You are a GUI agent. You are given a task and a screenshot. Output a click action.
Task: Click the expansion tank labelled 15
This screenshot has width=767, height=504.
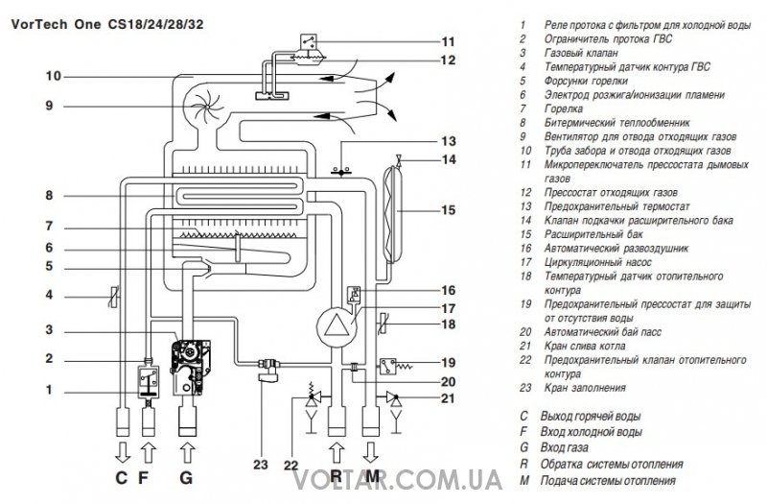tap(393, 213)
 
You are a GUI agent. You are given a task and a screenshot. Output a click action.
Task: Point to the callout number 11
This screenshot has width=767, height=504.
tap(448, 41)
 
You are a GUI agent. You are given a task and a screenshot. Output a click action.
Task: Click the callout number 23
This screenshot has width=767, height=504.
tap(261, 464)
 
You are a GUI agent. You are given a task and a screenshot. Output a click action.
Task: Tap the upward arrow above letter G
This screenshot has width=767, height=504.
tap(187, 453)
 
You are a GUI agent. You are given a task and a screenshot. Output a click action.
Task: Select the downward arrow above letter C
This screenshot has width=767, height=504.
tap(123, 453)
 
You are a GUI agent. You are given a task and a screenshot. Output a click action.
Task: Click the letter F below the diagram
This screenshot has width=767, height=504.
tap(143, 477)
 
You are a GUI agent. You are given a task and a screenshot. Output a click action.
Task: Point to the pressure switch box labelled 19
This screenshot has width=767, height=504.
tap(388, 366)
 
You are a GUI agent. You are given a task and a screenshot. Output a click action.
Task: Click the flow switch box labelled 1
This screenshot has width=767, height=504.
tap(149, 382)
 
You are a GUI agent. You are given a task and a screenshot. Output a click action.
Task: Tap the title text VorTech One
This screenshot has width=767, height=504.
tap(56, 24)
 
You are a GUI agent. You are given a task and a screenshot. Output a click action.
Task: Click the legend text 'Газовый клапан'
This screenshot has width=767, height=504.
tap(581, 53)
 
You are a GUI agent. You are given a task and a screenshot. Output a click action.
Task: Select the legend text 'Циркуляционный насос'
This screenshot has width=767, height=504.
tap(597, 262)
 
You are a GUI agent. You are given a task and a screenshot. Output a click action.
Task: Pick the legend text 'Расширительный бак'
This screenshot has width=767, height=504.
tap(593, 234)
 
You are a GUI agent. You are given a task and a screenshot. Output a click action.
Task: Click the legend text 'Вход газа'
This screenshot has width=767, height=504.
tap(564, 447)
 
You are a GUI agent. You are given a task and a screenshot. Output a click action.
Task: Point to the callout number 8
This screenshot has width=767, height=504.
tap(49, 196)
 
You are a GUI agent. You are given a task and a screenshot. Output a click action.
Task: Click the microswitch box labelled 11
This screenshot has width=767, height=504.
tap(308, 41)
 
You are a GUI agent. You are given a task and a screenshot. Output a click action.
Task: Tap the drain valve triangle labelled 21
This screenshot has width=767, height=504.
tap(394, 397)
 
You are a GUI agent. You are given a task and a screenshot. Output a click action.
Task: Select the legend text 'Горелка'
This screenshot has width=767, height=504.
tap(564, 108)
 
